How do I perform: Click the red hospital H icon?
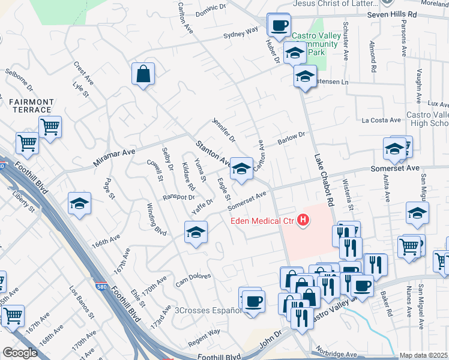pos(304,221)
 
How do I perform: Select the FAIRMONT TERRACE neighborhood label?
pos(31,106)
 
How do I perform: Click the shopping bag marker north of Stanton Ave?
pos(143,74)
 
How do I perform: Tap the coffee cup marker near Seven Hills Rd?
pos(278,25)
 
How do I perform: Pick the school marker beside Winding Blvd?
pos(196,232)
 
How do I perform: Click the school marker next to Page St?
pos(79,203)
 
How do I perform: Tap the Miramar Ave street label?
pos(114,158)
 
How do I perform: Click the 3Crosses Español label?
pos(207,310)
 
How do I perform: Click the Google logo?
pos(20,353)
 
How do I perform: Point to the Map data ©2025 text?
pos(423,355)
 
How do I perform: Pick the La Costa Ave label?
pos(381,120)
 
